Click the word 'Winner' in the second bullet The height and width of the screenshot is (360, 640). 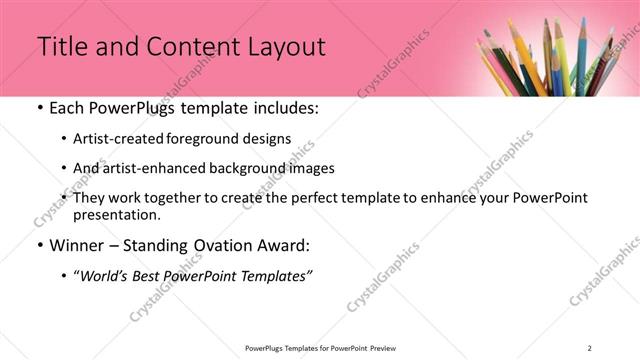(x=76, y=244)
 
